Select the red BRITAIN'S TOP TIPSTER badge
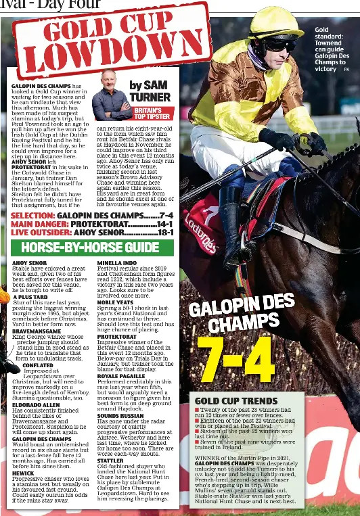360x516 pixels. [152, 113]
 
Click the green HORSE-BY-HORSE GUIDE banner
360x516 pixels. [93, 248]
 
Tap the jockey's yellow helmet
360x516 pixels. [273, 24]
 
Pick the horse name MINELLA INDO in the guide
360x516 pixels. [117, 262]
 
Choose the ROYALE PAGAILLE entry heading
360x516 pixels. [125, 376]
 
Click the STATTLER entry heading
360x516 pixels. [110, 460]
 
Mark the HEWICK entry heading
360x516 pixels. [24, 473]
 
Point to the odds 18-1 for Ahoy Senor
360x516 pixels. [166, 232]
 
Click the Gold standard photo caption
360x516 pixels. [330, 49]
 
